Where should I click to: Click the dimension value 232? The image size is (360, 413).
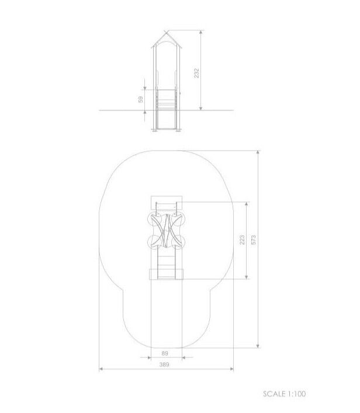196,73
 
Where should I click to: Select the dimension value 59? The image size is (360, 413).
141,99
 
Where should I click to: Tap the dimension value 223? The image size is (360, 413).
242,240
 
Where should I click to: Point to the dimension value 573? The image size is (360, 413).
254,240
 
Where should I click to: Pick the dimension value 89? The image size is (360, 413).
165,353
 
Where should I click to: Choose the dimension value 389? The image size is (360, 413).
164,365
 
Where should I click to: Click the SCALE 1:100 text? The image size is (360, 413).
285,394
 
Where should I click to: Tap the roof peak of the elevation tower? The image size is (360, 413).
167,30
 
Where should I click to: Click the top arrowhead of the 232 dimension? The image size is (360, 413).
201,32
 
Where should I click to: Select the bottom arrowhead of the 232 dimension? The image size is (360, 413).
201,108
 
